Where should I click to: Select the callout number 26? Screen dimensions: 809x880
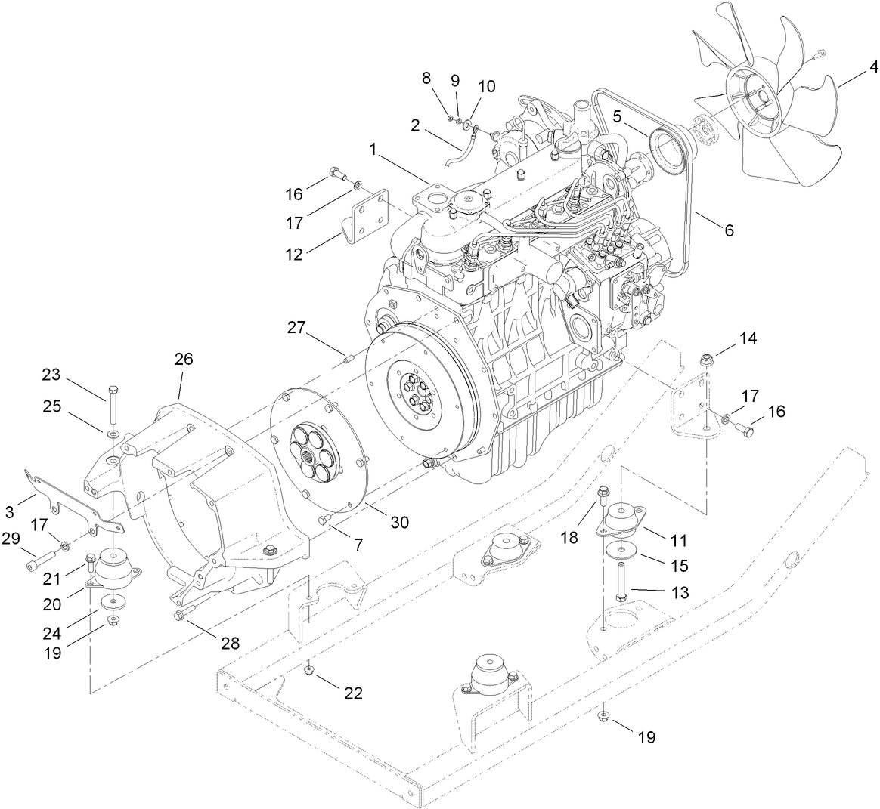click(x=184, y=359)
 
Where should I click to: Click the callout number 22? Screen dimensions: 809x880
click(x=353, y=693)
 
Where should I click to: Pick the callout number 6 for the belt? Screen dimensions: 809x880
click(x=728, y=231)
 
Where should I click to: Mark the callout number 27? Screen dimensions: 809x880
click(x=296, y=328)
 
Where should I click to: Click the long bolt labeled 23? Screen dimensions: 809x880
click(x=113, y=406)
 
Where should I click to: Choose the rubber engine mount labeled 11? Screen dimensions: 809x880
click(x=624, y=520)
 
